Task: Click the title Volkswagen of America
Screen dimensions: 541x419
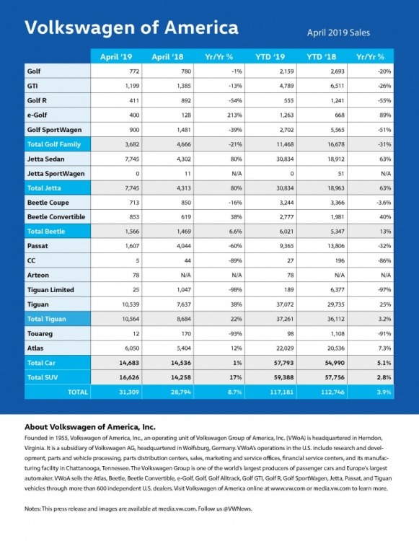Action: (131, 27)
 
